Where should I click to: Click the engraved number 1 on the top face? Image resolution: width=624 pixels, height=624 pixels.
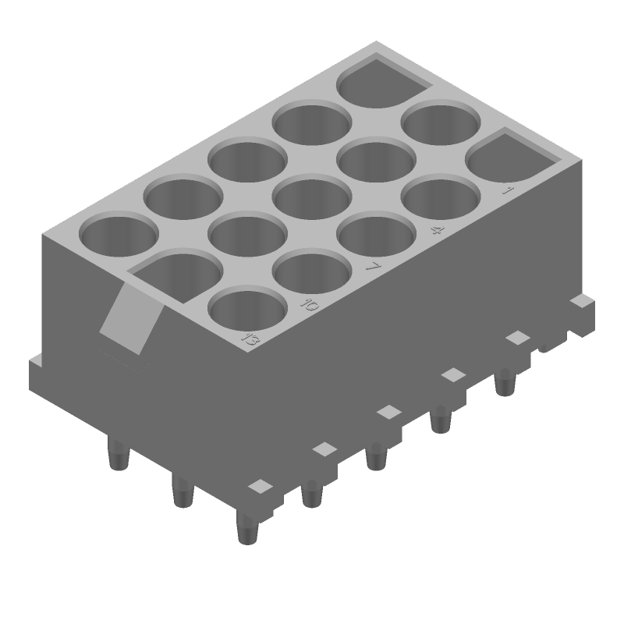click(x=509, y=190)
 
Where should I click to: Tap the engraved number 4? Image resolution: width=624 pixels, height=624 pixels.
click(x=438, y=231)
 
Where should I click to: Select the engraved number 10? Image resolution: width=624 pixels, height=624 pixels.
click(x=310, y=305)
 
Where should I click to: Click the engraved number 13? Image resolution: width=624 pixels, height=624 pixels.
click(x=250, y=339)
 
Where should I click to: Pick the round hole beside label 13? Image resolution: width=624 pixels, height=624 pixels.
click(x=248, y=309)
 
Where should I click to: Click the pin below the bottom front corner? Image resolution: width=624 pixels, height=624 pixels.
click(x=246, y=530)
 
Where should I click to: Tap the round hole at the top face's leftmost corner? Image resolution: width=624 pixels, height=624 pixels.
click(x=119, y=236)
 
